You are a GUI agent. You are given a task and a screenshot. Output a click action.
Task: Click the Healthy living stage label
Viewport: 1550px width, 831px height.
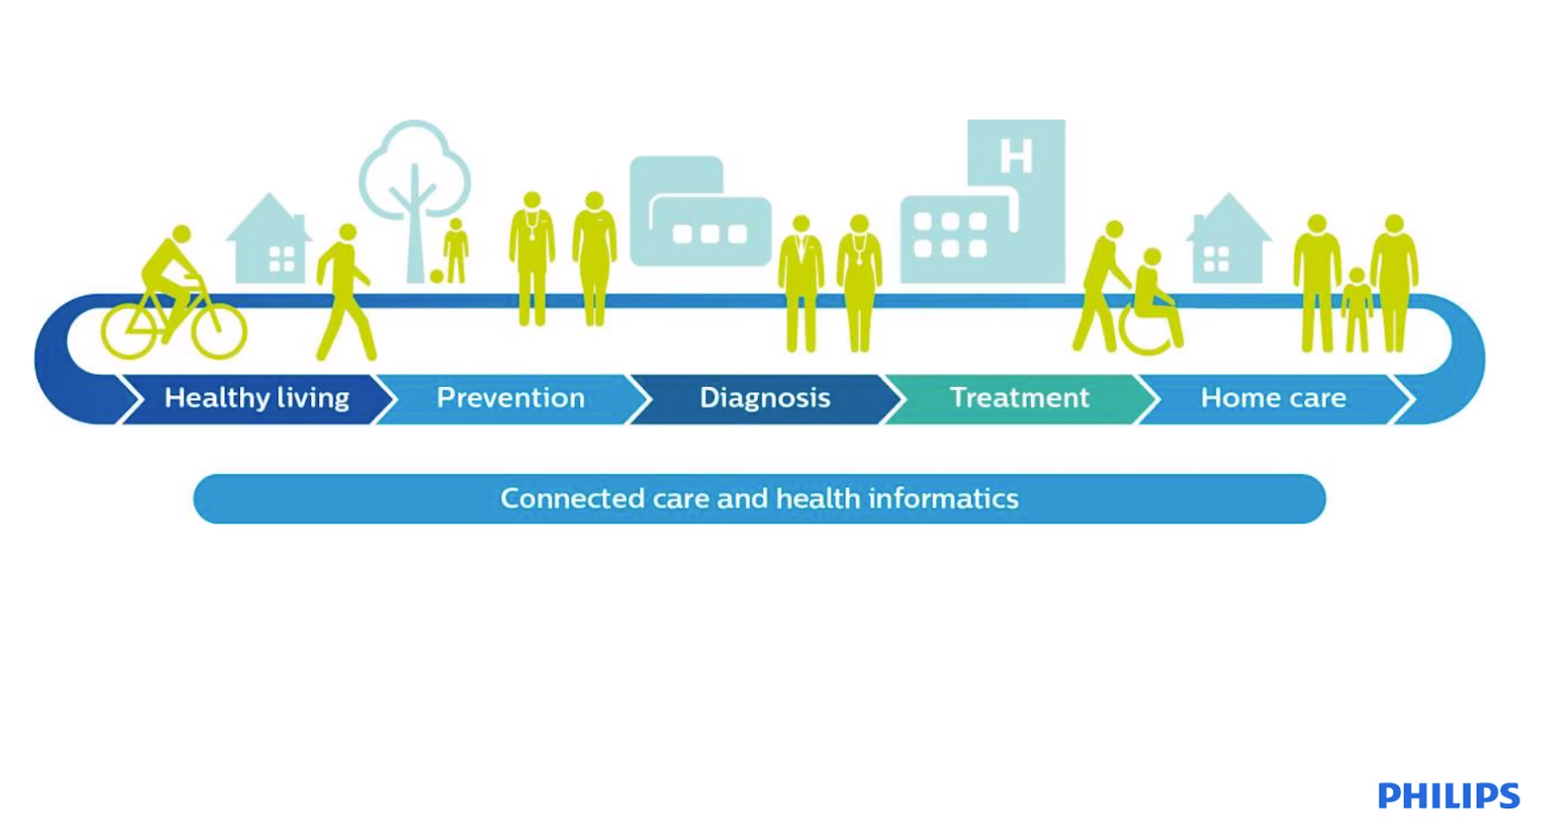click(x=257, y=398)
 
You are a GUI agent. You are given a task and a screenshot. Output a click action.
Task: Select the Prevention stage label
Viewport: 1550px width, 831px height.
click(x=510, y=398)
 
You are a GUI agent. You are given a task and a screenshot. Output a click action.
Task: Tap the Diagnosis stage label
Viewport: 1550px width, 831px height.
click(x=765, y=398)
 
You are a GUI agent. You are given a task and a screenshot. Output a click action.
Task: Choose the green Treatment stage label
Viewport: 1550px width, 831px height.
click(x=1019, y=397)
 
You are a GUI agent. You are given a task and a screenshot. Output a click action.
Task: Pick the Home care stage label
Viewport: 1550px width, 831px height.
click(x=1274, y=398)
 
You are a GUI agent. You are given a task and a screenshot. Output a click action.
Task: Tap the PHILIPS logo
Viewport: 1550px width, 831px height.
click(x=1448, y=796)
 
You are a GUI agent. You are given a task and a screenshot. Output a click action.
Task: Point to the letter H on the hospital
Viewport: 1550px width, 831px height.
click(x=1016, y=155)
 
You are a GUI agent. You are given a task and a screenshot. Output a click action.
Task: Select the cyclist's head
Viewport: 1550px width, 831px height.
click(x=181, y=234)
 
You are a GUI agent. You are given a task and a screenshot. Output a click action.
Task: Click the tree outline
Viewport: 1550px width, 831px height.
click(x=415, y=170)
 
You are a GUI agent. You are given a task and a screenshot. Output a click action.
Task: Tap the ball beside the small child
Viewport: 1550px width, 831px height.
click(x=437, y=276)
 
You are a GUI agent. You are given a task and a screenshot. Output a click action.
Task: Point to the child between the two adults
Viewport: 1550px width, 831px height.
click(x=1357, y=310)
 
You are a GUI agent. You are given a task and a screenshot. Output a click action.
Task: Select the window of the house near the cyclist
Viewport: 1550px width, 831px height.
click(x=282, y=259)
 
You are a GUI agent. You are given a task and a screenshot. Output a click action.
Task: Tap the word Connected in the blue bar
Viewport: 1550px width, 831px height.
click(x=572, y=498)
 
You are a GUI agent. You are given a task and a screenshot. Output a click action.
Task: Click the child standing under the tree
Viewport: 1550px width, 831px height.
click(x=456, y=251)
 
